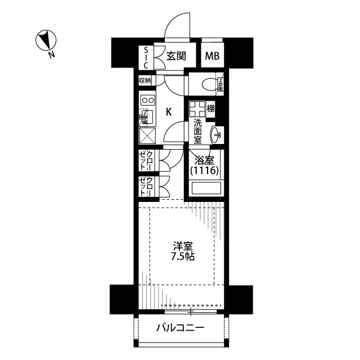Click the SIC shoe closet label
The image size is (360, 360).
coord(146,56)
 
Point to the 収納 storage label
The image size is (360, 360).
coord(146,80)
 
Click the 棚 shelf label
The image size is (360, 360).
coord(210,108)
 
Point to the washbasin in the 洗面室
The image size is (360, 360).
coord(217,134)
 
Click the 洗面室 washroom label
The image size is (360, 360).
coord(198,131)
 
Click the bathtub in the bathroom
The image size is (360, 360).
coord(206,188)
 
